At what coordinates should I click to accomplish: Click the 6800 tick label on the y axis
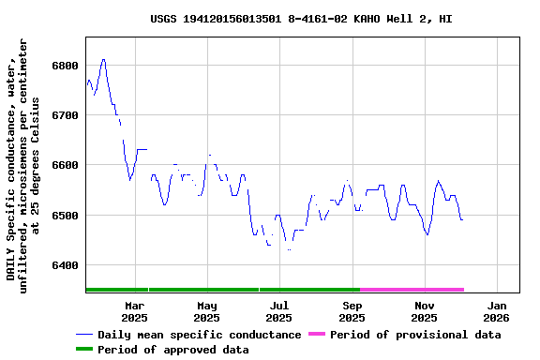[x=66, y=66]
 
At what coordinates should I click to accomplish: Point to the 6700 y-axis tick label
[x=66, y=115]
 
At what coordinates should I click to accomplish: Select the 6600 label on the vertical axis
[x=66, y=165]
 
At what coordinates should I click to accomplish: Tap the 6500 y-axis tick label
[x=66, y=216]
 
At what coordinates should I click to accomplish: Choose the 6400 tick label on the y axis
[x=66, y=265]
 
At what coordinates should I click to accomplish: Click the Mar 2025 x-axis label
[x=134, y=311]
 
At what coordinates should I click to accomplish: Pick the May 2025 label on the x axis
[x=207, y=311]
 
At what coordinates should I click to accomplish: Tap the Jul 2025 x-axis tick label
[x=279, y=311]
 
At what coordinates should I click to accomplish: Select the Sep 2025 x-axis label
[x=352, y=311]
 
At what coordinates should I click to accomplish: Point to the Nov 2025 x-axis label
[x=425, y=311]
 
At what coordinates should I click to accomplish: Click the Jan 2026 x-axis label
[x=497, y=311]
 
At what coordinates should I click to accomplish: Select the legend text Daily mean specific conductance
[x=200, y=335]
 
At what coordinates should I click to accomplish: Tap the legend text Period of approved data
[x=173, y=350]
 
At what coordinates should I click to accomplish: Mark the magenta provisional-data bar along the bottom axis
[x=412, y=290]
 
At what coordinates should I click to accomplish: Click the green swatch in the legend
[x=84, y=350]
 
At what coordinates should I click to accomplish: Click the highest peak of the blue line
[x=103, y=59]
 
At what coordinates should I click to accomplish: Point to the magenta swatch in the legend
[x=315, y=335]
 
